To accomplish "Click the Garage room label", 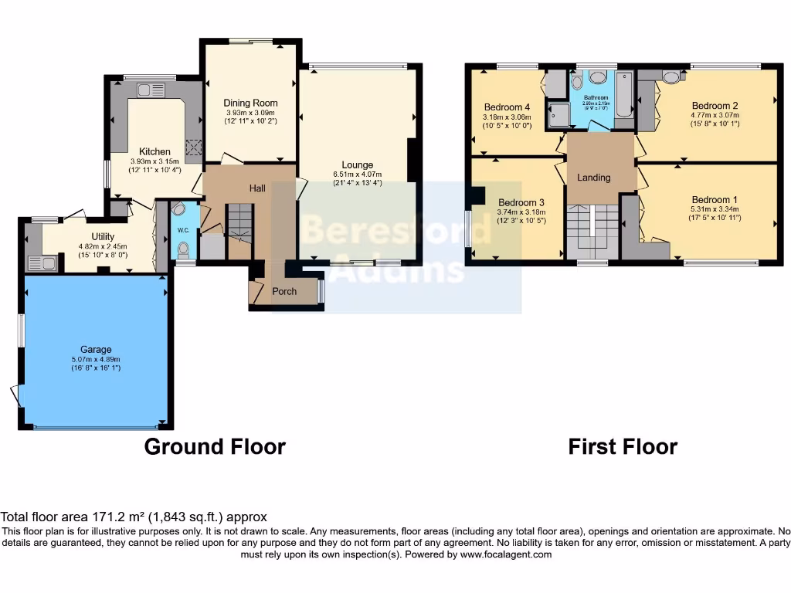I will tap(97, 349).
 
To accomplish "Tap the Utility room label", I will tap(103, 237).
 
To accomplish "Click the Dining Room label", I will tap(250, 103).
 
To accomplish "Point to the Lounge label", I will tap(358, 164).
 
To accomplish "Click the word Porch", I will tap(284, 291).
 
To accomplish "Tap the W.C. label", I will tap(183, 230).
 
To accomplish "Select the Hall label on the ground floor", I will tap(257, 188).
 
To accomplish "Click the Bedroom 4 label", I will tap(507, 107).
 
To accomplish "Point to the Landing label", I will tap(594, 178).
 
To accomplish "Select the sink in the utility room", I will tap(41, 263).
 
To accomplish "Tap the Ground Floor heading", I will tap(215, 447).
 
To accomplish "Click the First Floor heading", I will tap(623, 447).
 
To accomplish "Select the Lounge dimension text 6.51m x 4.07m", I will tap(358, 175).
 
